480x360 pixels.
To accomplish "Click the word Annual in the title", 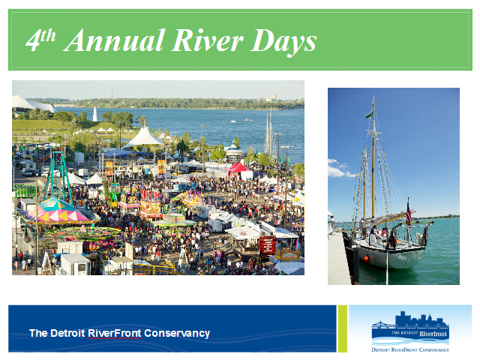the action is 114,40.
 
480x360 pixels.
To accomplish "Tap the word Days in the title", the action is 283,42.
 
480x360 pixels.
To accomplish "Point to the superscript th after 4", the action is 48,35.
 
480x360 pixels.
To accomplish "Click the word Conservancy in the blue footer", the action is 177,333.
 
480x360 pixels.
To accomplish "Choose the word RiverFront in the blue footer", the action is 114,333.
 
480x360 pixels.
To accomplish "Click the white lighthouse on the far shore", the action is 95,114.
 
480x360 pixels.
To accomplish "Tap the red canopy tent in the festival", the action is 238,168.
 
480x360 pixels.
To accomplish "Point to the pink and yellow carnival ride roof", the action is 57,211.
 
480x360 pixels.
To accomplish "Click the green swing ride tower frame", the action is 58,175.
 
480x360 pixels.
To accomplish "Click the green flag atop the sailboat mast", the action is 370,115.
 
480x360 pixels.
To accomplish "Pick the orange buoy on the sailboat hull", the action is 367,259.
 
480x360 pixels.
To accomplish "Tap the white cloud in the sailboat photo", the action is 339,170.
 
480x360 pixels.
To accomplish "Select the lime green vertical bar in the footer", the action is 343,328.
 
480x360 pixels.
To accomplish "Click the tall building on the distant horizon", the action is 272,97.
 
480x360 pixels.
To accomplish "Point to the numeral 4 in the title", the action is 33,41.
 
